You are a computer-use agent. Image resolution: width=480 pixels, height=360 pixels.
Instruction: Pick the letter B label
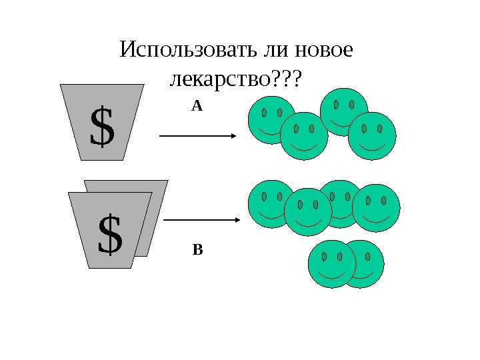coord(197,251)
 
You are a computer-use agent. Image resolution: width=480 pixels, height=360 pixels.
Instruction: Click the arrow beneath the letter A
coord(197,136)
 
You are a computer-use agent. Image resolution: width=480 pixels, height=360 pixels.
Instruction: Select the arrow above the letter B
coord(201,219)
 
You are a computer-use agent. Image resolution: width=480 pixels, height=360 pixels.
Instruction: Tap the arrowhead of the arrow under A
coord(234,136)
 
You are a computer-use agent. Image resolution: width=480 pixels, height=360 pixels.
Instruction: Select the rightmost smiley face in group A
coord(372,136)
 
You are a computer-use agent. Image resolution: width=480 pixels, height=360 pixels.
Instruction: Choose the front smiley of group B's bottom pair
coord(332,263)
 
